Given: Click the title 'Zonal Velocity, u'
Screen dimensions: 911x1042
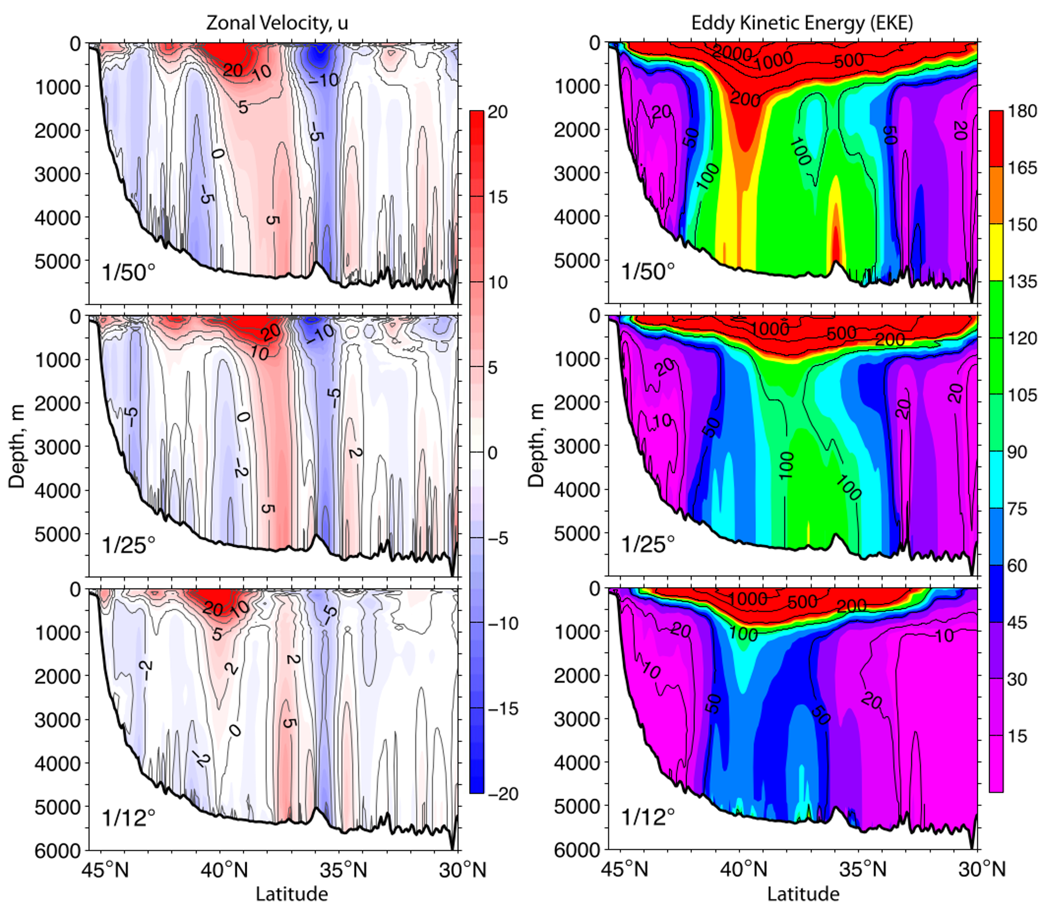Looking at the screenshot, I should click(x=277, y=23).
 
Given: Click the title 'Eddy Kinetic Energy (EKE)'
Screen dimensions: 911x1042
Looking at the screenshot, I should click(x=802, y=23).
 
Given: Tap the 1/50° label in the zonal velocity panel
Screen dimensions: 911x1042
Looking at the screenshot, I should click(x=128, y=273).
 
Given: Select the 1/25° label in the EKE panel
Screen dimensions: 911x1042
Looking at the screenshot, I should click(x=648, y=545).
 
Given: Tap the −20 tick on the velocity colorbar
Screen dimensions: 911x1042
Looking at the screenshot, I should click(x=503, y=794).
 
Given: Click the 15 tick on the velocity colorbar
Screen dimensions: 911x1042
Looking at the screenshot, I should click(x=498, y=197).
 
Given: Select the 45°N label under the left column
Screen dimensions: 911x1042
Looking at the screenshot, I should click(x=105, y=870).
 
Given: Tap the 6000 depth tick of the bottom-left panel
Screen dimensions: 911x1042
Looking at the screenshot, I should click(x=57, y=851).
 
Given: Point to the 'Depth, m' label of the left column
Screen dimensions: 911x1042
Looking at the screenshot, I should click(x=17, y=446).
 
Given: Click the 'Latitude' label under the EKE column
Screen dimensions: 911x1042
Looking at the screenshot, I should click(x=803, y=894).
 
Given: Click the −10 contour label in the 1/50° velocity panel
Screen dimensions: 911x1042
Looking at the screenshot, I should click(x=324, y=80).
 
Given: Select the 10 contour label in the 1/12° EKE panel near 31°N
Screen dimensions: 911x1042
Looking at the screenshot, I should click(x=944, y=636).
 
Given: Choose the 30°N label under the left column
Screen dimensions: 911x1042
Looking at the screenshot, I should click(x=462, y=870).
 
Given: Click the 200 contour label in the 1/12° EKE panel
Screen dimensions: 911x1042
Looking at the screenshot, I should click(x=852, y=606).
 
